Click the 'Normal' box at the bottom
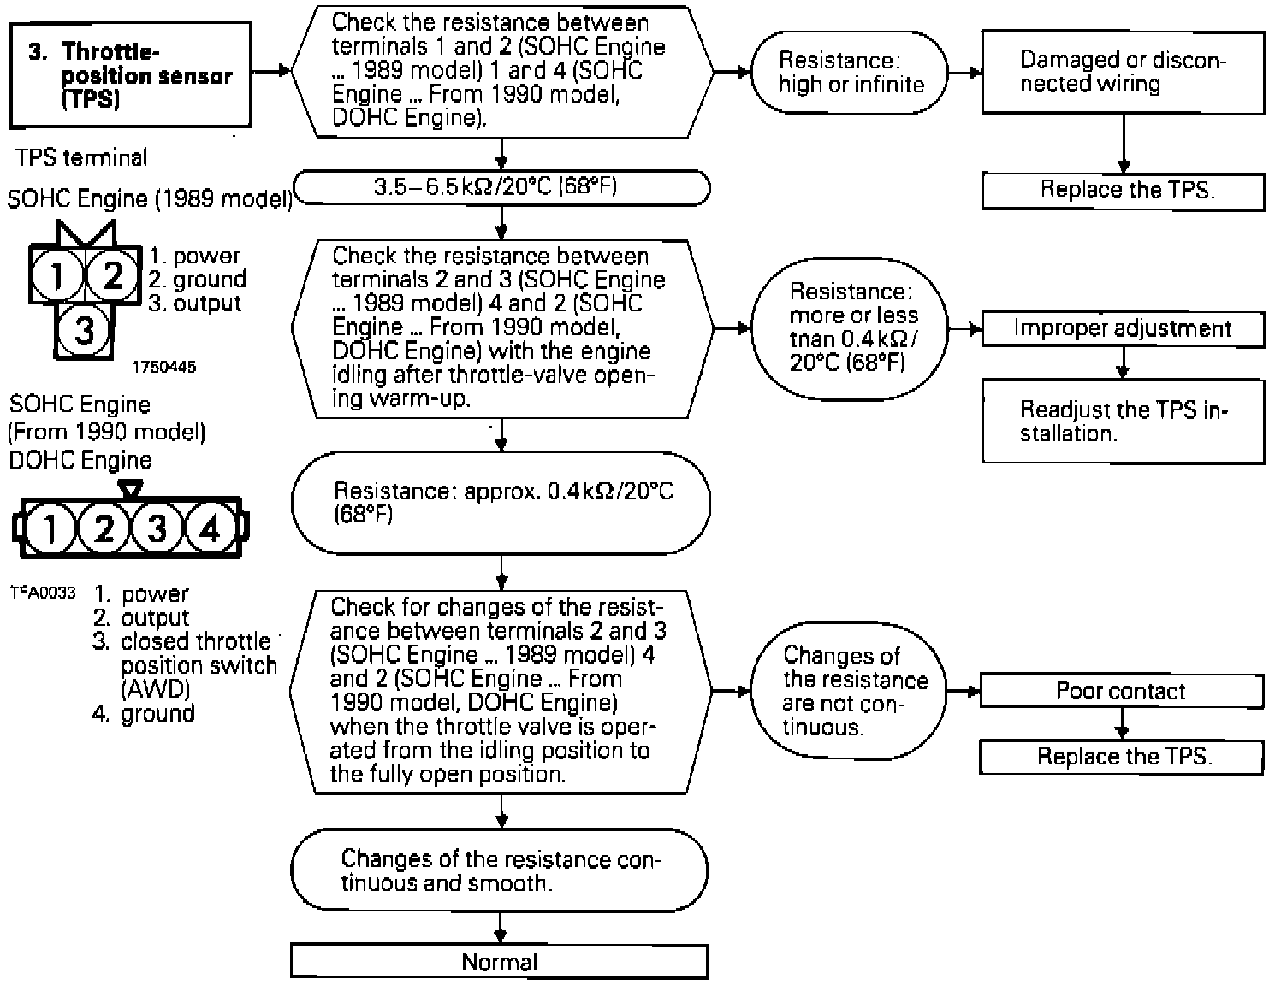[x=500, y=961]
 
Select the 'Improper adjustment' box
[x=1122, y=329]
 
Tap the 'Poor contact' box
[x=1121, y=691]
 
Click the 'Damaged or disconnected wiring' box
[x=1123, y=72]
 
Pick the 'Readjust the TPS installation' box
[x=1123, y=422]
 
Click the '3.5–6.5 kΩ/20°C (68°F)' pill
[x=501, y=187]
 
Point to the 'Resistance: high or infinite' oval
[x=851, y=73]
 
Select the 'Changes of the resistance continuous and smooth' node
[x=500, y=870]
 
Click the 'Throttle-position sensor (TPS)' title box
[x=132, y=75]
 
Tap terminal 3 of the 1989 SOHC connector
[x=84, y=329]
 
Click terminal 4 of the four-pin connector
[x=210, y=529]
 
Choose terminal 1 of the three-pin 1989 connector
[x=57, y=275]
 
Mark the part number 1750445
[x=163, y=367]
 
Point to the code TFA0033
[x=43, y=593]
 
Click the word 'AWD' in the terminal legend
[x=156, y=689]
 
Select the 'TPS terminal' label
[x=81, y=157]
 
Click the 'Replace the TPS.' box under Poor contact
[x=1122, y=757]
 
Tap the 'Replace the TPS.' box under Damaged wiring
[x=1123, y=191]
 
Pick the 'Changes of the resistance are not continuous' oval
[x=851, y=691]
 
